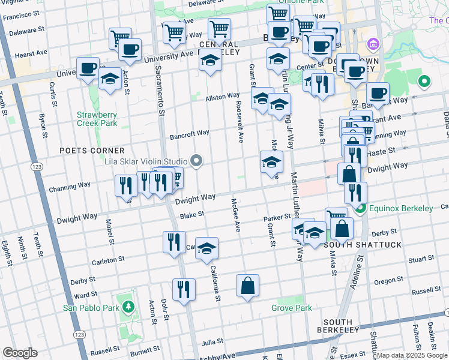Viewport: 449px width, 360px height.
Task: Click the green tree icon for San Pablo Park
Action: [128, 307]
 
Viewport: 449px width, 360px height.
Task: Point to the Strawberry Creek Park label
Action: [97, 119]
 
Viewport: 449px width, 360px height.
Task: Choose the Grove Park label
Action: [291, 308]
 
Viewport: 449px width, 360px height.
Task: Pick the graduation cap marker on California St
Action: [206, 248]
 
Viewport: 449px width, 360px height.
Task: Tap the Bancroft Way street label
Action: [189, 133]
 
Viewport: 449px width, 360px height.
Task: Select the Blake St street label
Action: [192, 214]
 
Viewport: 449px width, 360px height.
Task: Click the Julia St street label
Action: [212, 343]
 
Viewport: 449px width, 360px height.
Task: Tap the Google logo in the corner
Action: [20, 353]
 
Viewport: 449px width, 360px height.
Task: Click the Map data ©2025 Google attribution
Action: [412, 355]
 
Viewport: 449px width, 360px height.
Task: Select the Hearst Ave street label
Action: [27, 54]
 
